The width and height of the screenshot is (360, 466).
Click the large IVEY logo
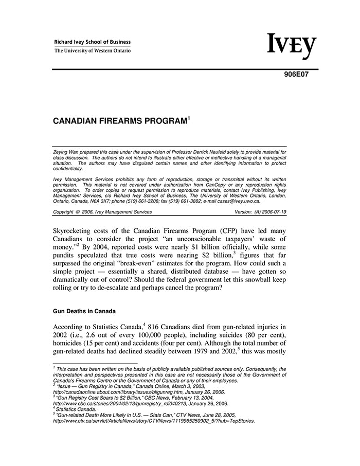[292, 46]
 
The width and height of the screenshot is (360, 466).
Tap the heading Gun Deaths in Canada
[84, 311]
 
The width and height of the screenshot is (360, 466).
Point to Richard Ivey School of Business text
[93, 42]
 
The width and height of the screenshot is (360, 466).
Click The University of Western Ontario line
[93, 51]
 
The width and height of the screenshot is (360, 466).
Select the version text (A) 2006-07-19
[267, 212]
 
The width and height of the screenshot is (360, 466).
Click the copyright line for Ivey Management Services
[102, 212]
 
